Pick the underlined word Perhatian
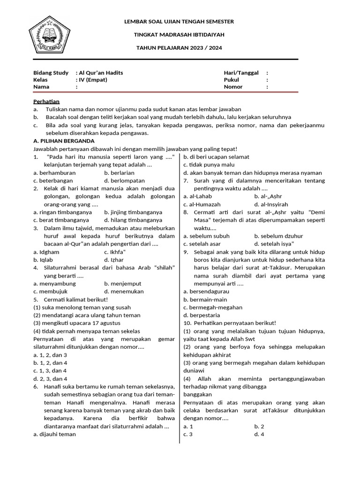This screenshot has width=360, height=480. pyautogui.click(x=46, y=101)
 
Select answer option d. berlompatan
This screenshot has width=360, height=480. pyautogui.click(x=125, y=180)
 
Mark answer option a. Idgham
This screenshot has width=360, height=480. pyautogui.click(x=46, y=252)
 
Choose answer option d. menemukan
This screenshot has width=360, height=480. pyautogui.click(x=124, y=291)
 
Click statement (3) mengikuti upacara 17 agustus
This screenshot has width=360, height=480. pyautogui.click(x=77, y=323)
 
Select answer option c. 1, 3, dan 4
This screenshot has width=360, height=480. pyautogui.click(x=50, y=370)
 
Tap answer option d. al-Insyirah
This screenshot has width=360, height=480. pyautogui.click(x=271, y=204)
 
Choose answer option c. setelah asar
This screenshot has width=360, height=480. pyautogui.click(x=202, y=244)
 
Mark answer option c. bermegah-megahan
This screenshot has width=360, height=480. pyautogui.click(x=213, y=307)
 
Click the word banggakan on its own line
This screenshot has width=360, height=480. pyautogui.click(x=198, y=394)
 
